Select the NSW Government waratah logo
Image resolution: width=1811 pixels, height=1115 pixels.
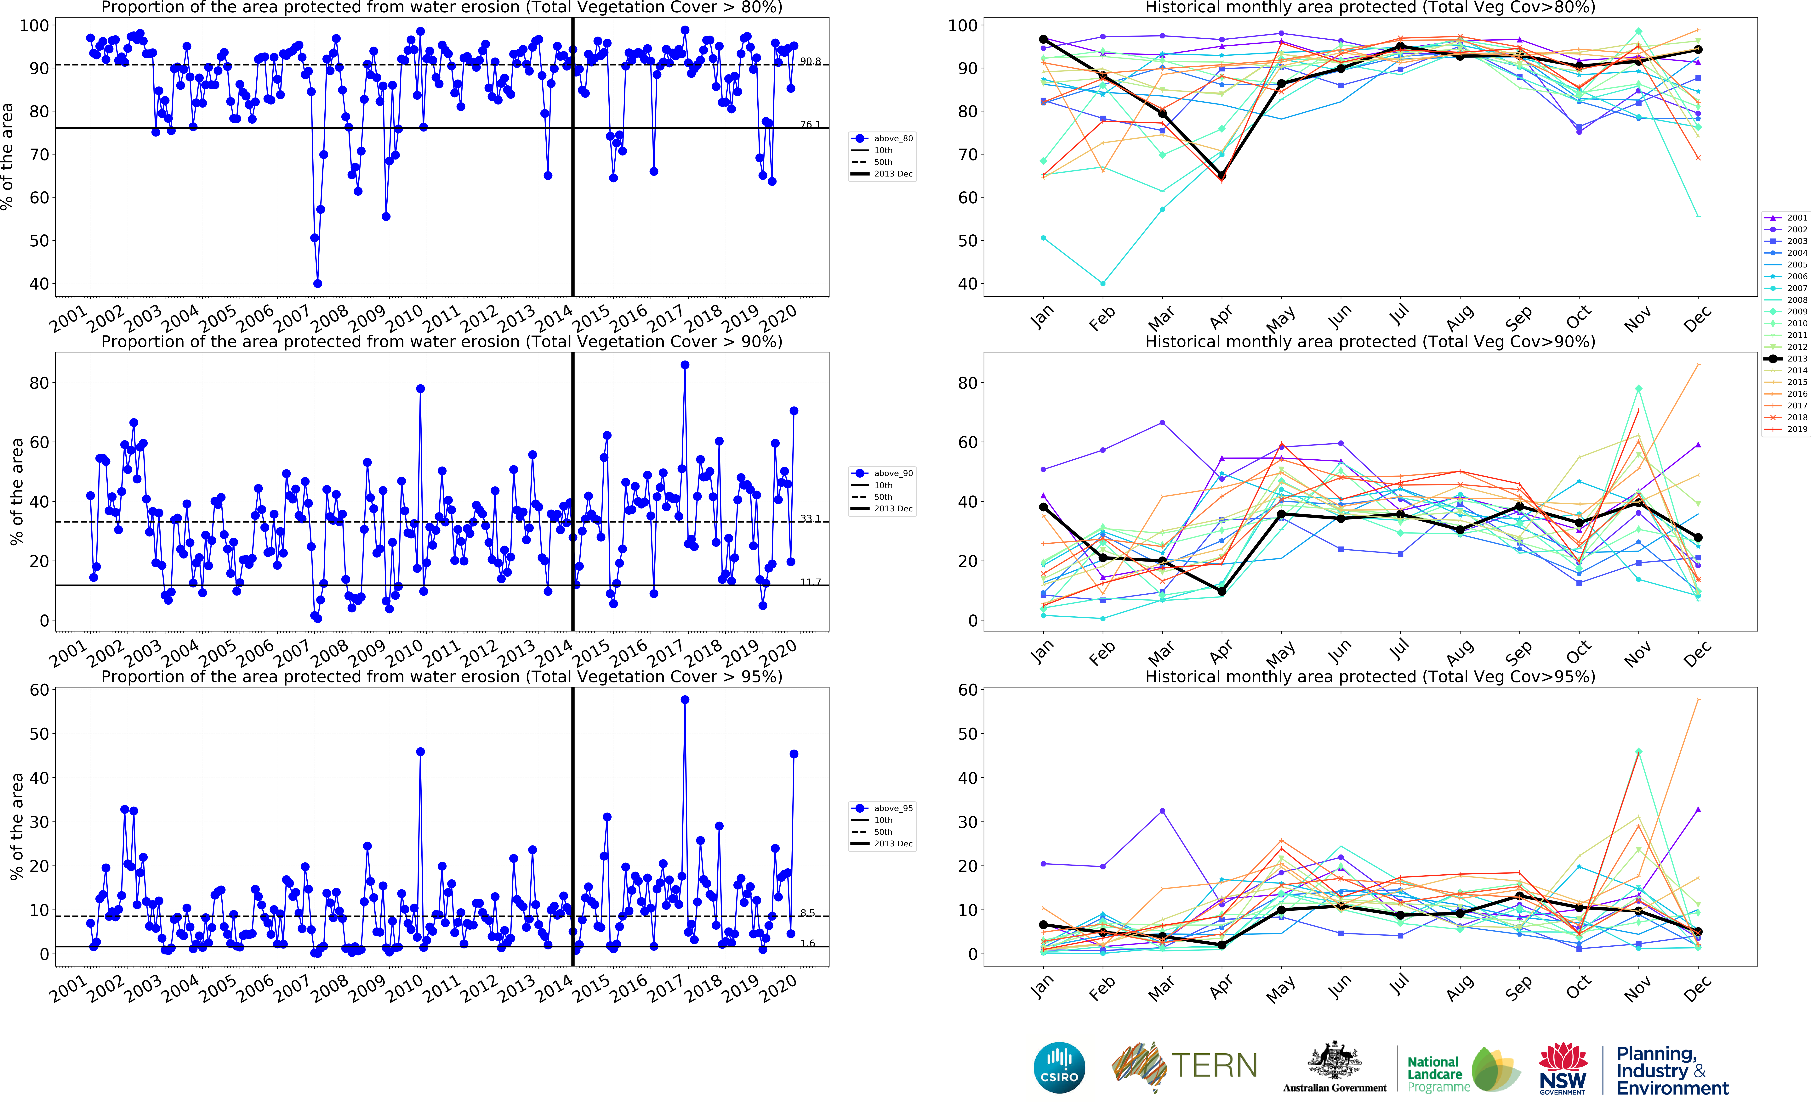(x=1562, y=1067)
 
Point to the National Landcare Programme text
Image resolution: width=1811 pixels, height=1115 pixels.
(x=1437, y=1074)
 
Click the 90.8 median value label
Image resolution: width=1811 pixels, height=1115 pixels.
(x=810, y=61)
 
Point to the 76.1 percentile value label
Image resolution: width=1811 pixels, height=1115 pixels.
(x=810, y=124)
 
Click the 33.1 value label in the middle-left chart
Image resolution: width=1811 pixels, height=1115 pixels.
(x=810, y=518)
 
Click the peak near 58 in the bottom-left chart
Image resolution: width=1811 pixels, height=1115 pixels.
(x=685, y=700)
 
